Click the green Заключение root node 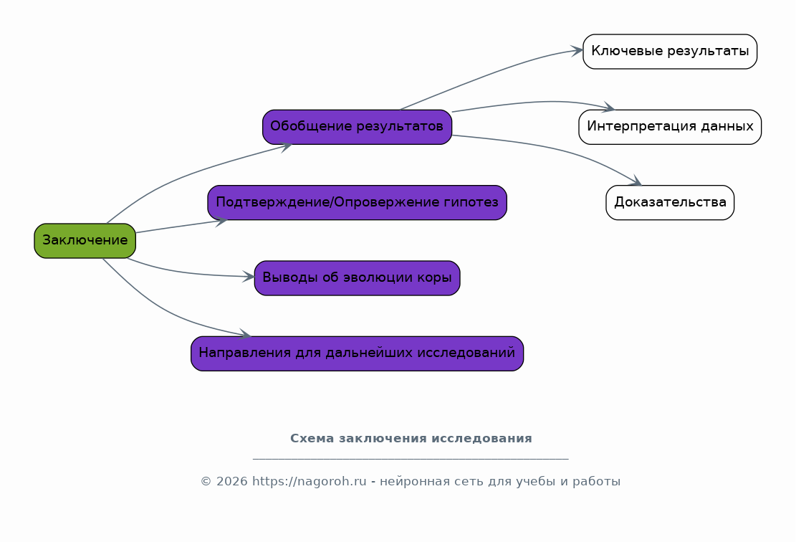point(85,241)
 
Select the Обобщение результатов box point(357,127)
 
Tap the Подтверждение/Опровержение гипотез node point(357,203)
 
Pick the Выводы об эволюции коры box point(357,278)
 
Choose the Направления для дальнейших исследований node point(357,353)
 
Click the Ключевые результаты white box point(670,52)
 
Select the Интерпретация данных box point(670,127)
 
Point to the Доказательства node point(670,203)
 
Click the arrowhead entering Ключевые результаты point(577,50)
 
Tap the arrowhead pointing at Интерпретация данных point(608,108)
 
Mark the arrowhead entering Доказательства point(636,181)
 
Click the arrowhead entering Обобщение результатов point(287,147)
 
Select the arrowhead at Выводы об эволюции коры point(248,276)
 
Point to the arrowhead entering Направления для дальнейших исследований point(245,334)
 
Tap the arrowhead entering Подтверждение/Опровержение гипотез point(221,222)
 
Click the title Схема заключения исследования point(411,438)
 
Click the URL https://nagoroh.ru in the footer point(310,481)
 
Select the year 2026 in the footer point(232,481)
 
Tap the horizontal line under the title point(411,460)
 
